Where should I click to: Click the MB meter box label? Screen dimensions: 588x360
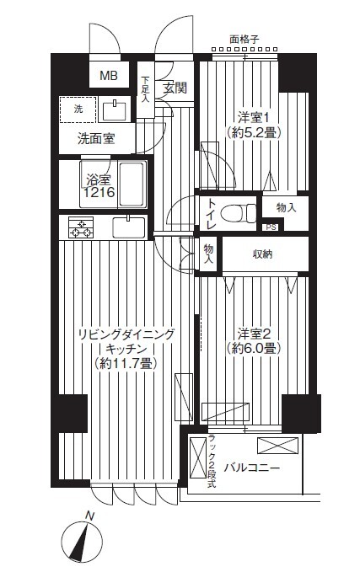[x=110, y=76]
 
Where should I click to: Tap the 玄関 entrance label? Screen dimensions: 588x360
[x=175, y=88]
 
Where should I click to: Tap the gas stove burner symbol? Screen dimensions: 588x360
[x=81, y=227]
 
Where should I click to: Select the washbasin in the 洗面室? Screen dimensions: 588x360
[x=112, y=110]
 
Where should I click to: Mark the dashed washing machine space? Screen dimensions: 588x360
[x=77, y=110]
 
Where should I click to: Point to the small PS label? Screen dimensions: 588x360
[x=271, y=227]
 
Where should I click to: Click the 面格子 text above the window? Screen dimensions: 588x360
[x=244, y=38]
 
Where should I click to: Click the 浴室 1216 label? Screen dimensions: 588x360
[x=99, y=185]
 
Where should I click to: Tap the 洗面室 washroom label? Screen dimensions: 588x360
[x=95, y=137]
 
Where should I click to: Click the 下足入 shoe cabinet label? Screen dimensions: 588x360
[x=145, y=88]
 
